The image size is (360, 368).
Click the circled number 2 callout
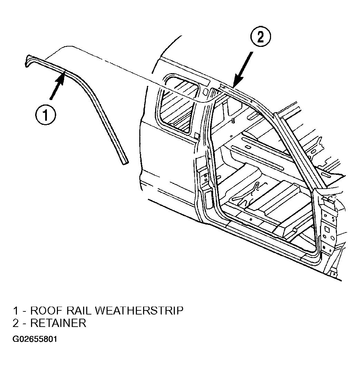coord(260,37)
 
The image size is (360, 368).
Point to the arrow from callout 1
coord(57,84)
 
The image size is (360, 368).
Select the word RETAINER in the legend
coord(58,323)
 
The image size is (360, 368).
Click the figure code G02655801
coord(35,339)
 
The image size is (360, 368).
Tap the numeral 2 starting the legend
coord(16,323)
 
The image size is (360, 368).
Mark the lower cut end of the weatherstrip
coord(124,162)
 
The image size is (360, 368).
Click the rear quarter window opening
coord(178,103)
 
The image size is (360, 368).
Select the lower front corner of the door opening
coord(316,251)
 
